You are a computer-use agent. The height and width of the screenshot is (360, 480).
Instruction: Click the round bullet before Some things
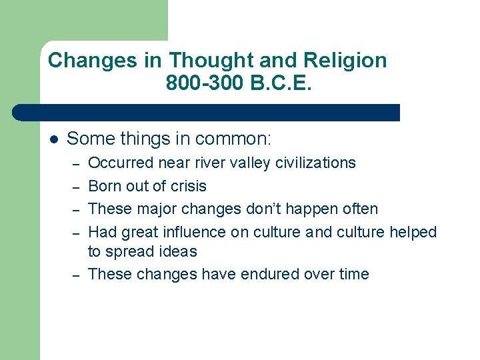[x=54, y=139]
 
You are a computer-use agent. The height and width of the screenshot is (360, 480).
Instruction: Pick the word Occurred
[x=122, y=163]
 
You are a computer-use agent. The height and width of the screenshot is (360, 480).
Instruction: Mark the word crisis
[x=188, y=186]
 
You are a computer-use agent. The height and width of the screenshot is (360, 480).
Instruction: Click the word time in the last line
[x=351, y=274]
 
